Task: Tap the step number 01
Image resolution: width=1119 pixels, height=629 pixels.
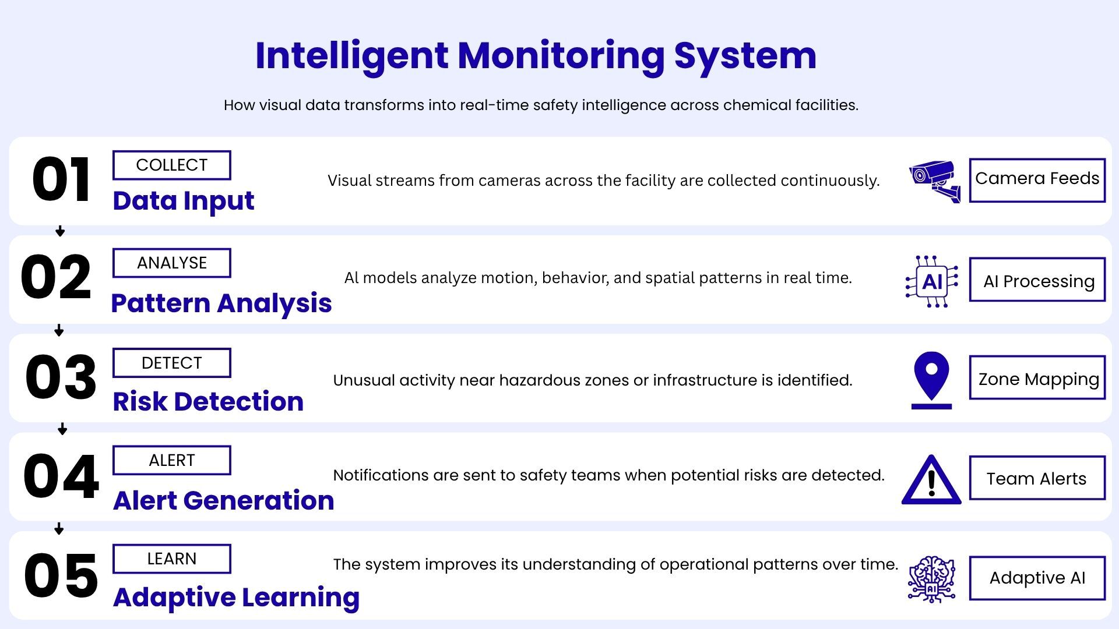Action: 61,180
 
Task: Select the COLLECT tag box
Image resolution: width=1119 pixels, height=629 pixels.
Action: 172,165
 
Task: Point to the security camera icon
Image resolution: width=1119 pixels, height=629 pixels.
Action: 935,181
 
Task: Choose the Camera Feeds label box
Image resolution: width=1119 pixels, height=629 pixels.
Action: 1037,181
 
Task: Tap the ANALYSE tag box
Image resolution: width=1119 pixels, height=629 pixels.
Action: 172,263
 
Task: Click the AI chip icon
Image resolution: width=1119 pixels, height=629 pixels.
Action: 932,282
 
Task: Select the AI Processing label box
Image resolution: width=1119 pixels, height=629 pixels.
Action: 1037,280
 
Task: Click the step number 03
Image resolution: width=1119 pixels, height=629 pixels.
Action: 61,377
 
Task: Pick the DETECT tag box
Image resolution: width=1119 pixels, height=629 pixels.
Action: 172,363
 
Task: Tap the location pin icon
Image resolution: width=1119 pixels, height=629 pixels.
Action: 931,380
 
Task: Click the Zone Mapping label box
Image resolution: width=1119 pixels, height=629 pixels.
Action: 1037,377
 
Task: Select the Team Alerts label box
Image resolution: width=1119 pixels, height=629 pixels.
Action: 1037,478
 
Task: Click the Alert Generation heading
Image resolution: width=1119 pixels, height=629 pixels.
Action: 224,501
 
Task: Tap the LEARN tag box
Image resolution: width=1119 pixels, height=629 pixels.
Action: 172,559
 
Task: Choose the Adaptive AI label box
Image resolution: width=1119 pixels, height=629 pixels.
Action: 1037,578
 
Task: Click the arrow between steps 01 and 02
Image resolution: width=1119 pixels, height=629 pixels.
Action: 60,231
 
